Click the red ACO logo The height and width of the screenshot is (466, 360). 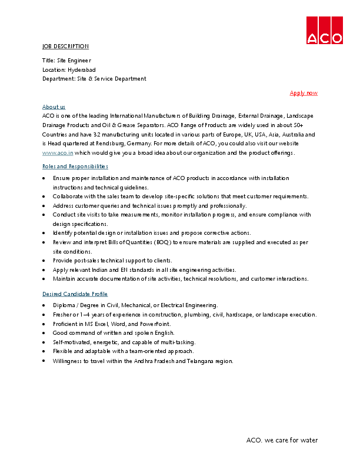[324, 30]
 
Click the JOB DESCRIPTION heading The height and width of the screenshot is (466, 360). [65, 46]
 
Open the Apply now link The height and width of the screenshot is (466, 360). [304, 93]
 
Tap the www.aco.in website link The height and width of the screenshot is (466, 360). [54, 152]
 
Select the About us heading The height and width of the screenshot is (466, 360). [54, 106]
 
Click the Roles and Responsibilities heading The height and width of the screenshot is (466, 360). [75, 167]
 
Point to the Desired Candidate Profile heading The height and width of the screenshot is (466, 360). [75, 294]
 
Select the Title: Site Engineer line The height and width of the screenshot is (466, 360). [66, 60]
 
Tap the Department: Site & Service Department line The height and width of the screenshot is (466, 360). [94, 78]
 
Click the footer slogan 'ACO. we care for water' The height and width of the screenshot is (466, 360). [282, 440]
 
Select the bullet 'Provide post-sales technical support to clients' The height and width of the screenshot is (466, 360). [112, 260]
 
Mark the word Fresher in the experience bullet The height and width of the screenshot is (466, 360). [63, 314]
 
